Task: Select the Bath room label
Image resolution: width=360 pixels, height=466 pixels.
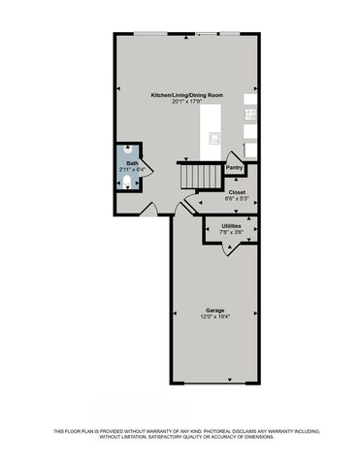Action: tap(132, 163)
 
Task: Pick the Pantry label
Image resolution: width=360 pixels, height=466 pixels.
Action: tap(234, 167)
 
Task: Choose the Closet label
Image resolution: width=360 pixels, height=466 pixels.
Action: tap(237, 192)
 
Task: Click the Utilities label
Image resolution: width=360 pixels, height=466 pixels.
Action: tap(231, 225)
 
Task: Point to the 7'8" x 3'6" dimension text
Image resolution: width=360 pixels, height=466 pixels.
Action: tap(231, 232)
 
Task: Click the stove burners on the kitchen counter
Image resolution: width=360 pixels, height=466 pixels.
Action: tap(249, 114)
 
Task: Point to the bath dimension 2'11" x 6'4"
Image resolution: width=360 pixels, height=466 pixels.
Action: tap(132, 170)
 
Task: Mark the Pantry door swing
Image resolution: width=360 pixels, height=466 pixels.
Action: tap(232, 155)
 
